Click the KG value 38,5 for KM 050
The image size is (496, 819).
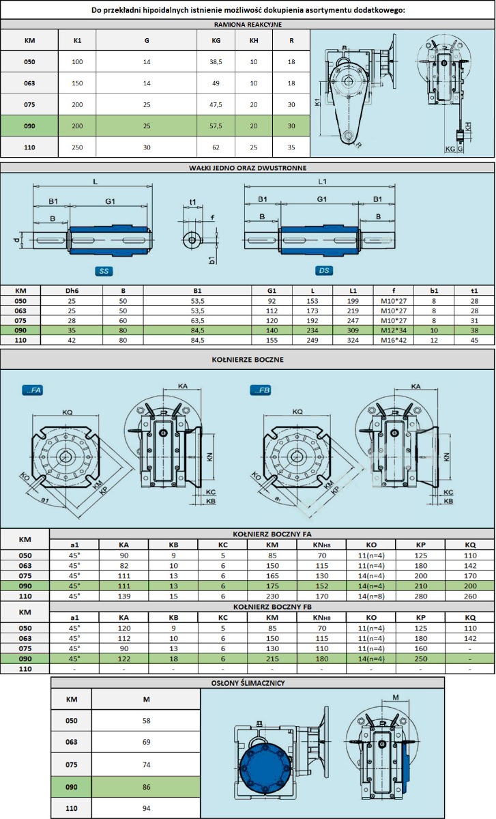click(216, 62)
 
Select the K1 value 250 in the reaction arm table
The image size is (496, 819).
click(77, 147)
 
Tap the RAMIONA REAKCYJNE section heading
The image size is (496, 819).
click(248, 25)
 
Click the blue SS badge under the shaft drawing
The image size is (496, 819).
click(104, 271)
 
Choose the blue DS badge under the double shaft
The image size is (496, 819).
click(324, 270)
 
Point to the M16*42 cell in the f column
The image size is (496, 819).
click(393, 340)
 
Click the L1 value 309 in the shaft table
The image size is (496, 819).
click(353, 330)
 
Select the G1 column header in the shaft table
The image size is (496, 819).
click(272, 291)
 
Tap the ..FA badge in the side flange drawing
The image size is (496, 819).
click(33, 390)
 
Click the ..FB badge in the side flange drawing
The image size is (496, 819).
click(261, 390)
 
